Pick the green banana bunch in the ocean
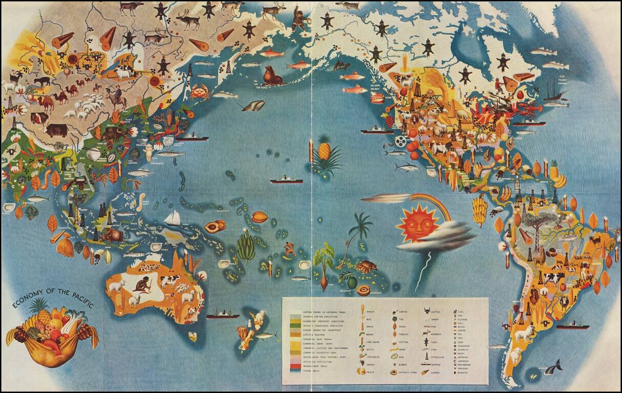[x=246, y=247]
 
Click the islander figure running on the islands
[x=290, y=249]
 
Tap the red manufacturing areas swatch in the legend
[x=295, y=366]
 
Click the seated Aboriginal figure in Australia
[x=141, y=285]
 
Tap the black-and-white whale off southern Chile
[x=553, y=366]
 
